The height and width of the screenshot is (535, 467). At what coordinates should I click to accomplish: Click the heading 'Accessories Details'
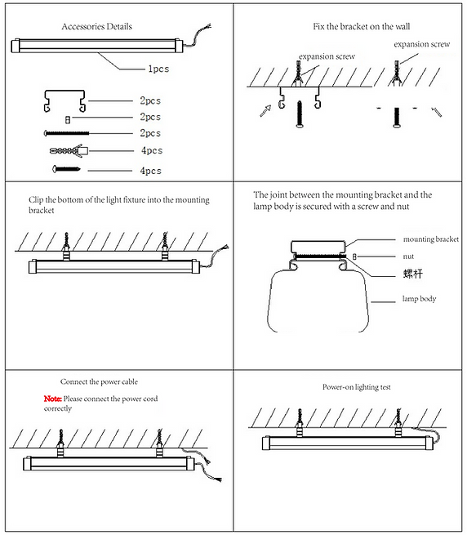tap(96, 27)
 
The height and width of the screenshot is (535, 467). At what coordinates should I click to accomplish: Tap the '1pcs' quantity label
tap(158, 69)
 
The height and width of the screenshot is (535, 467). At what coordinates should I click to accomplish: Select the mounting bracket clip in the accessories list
tap(64, 101)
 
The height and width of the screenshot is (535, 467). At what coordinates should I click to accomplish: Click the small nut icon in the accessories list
tap(68, 120)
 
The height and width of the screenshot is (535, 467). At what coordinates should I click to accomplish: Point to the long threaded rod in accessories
tap(66, 133)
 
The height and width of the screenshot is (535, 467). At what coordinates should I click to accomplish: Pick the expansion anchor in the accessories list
tap(69, 150)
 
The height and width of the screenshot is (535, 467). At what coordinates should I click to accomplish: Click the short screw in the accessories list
tap(66, 169)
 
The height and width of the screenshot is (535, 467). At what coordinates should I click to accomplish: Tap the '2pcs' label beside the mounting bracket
tap(150, 101)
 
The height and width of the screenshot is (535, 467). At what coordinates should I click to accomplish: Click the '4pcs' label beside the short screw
tap(151, 171)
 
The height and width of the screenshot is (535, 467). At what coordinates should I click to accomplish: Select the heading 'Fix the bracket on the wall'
tap(361, 27)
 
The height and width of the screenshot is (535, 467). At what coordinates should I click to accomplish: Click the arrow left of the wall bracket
tap(265, 110)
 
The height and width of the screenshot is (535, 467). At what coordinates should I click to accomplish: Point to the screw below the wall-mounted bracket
tap(300, 114)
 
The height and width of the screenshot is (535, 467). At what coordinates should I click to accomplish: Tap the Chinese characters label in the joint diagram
tap(413, 274)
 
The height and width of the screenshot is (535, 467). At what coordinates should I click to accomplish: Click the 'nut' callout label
tap(408, 256)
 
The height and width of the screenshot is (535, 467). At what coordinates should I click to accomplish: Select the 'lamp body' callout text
tap(420, 299)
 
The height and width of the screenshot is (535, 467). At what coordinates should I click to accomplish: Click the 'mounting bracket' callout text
tap(431, 239)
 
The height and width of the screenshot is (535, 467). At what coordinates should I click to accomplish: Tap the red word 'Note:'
tap(52, 399)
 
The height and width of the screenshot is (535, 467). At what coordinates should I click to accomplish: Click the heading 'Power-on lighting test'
tap(357, 387)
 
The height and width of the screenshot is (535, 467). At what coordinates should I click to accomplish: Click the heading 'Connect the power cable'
tap(99, 381)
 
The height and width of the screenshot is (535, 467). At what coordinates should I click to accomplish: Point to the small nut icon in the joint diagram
tap(354, 256)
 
